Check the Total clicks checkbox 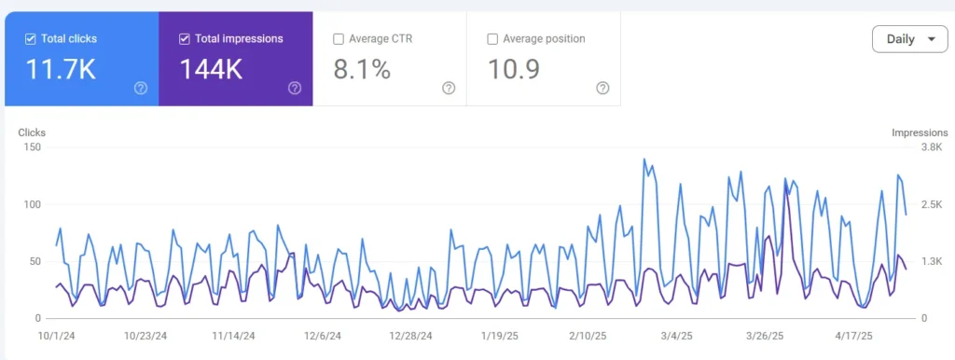tap(31, 39)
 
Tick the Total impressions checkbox tap(184, 39)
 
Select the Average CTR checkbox tap(338, 39)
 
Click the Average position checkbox tap(492, 39)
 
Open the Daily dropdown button tap(909, 39)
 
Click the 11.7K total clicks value tap(61, 70)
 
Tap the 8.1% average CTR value tap(362, 70)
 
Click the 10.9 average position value tap(514, 70)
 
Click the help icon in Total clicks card tap(141, 88)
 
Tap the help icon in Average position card tap(603, 88)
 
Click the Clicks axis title tap(32, 132)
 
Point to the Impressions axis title tap(920, 132)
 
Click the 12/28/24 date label tap(410, 336)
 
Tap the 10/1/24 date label tap(56, 336)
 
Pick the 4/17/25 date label tap(852, 336)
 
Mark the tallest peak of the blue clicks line tap(644, 159)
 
